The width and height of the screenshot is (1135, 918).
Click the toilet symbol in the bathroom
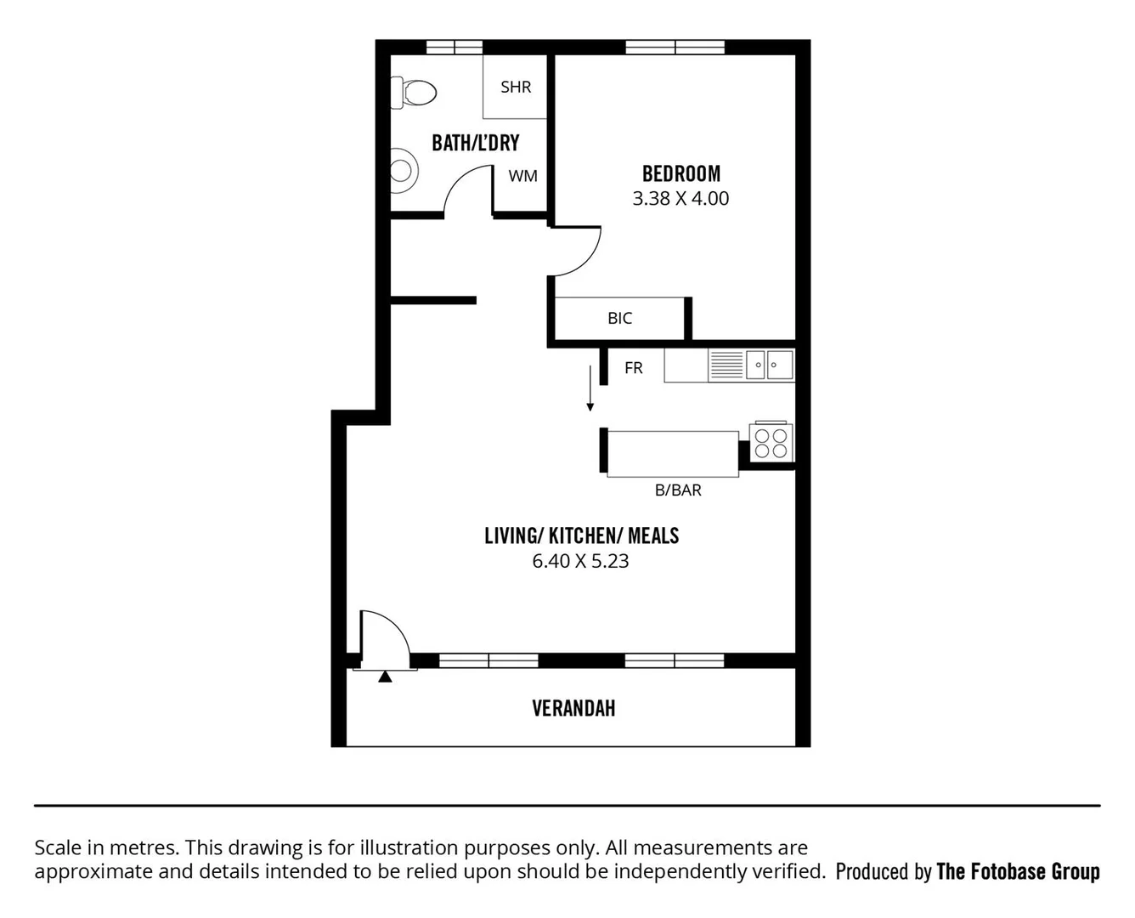point(414,92)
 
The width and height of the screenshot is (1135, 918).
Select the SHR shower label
point(516,87)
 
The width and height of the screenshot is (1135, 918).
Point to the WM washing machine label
point(522,176)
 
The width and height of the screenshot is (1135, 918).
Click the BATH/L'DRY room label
point(475,143)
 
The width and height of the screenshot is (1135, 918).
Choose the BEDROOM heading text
point(680,174)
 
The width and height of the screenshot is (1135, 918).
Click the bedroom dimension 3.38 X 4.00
point(680,199)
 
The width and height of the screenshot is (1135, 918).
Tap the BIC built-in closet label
point(619,318)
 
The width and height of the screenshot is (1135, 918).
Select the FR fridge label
point(633,368)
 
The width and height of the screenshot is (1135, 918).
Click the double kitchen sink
point(769,365)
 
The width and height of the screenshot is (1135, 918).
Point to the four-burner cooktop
point(771,442)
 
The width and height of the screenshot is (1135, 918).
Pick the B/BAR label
point(678,490)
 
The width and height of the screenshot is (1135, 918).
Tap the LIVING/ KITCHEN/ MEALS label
point(581,535)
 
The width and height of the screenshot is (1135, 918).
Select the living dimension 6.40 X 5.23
point(580,561)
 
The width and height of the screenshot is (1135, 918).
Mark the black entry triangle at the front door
point(385,677)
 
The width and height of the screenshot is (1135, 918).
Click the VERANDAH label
point(573,708)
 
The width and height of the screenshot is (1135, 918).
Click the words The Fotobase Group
point(1018,871)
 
